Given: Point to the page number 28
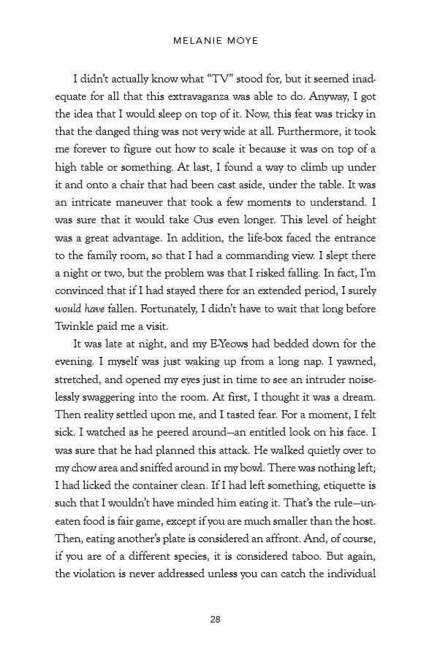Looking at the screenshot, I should coord(215,620).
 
